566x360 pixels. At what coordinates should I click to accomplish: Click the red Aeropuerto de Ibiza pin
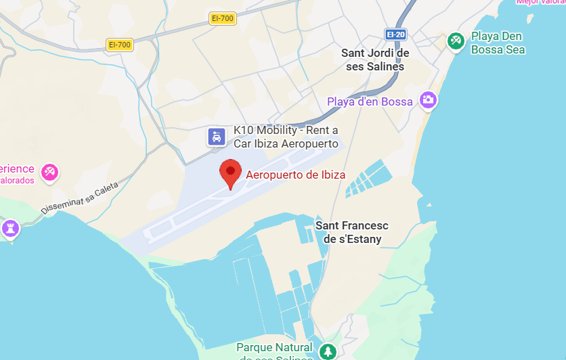[231, 174]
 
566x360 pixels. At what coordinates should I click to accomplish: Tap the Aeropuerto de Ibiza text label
[295, 175]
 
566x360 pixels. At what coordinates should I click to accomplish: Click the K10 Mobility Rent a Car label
[285, 137]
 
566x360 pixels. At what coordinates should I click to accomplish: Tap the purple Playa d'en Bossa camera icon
[428, 100]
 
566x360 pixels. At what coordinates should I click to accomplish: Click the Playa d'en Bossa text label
[370, 102]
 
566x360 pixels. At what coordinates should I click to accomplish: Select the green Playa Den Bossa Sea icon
[456, 42]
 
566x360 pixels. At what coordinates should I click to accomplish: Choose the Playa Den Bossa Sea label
[498, 43]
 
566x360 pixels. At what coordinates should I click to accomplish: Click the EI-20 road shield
[395, 34]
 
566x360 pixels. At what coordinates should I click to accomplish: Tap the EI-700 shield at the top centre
[223, 19]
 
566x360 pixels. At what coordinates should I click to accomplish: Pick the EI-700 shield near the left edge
[119, 45]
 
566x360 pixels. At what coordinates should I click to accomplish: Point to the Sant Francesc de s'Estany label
[352, 232]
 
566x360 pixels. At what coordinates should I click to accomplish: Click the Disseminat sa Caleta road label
[80, 198]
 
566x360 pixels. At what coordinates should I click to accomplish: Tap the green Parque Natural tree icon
[328, 351]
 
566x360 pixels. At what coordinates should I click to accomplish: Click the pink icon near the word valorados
[49, 173]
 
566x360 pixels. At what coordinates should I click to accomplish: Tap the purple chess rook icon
[10, 228]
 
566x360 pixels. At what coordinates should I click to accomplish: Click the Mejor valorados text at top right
[540, 2]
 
